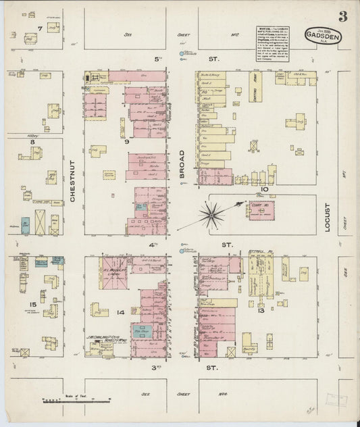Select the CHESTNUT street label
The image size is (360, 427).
74,180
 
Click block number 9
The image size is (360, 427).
126,142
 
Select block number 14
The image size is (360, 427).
120,312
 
